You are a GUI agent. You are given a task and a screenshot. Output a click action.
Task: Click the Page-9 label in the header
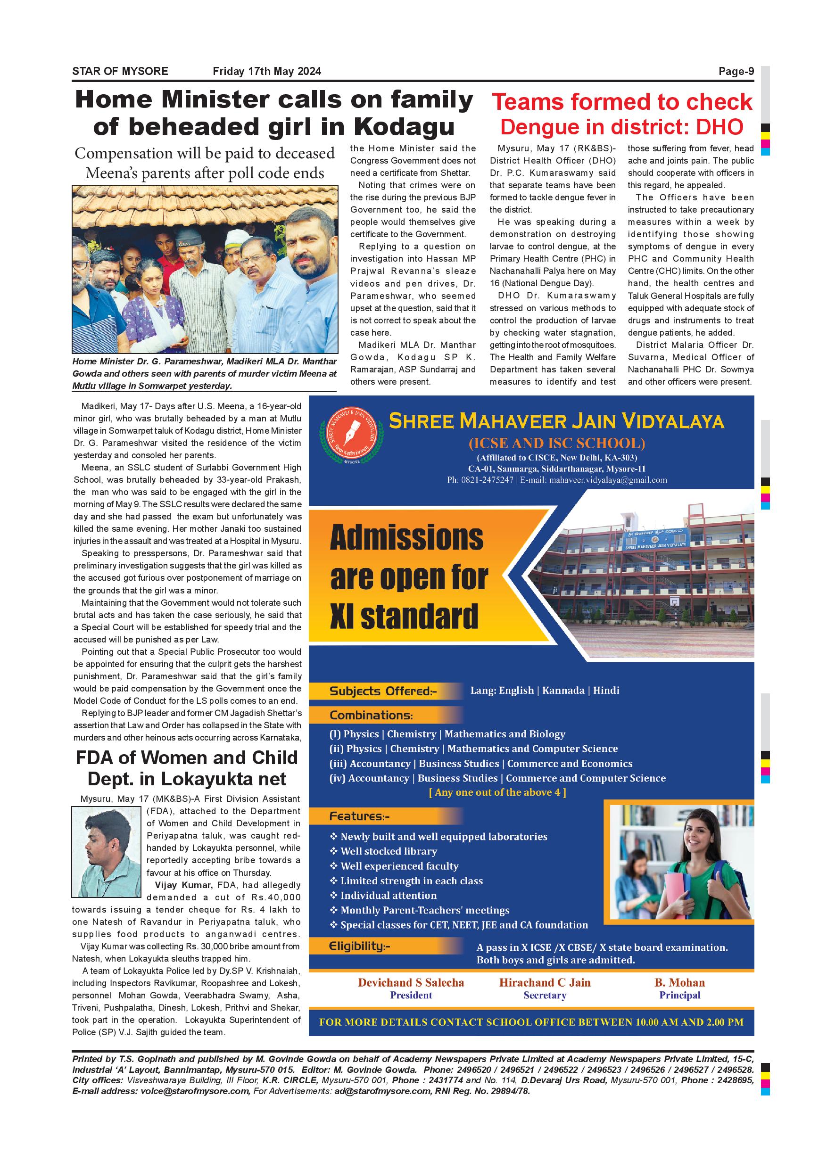tap(736, 71)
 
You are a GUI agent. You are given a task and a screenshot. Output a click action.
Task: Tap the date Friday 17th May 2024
tap(267, 71)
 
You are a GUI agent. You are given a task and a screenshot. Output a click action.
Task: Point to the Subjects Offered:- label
tap(383, 691)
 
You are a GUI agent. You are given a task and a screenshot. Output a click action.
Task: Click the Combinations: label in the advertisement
tap(371, 715)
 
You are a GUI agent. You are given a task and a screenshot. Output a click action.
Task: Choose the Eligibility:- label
tap(360, 946)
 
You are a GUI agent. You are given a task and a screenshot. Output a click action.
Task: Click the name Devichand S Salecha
tap(411, 982)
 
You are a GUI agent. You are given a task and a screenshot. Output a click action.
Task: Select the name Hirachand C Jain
tap(545, 982)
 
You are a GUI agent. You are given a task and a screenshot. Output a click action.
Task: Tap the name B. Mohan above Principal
tap(679, 982)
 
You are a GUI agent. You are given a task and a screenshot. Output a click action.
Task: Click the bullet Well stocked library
tap(389, 851)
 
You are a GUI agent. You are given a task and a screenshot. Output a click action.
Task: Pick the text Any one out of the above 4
tap(497, 792)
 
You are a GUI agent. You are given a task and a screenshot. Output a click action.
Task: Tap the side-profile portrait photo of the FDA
tap(107, 851)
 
